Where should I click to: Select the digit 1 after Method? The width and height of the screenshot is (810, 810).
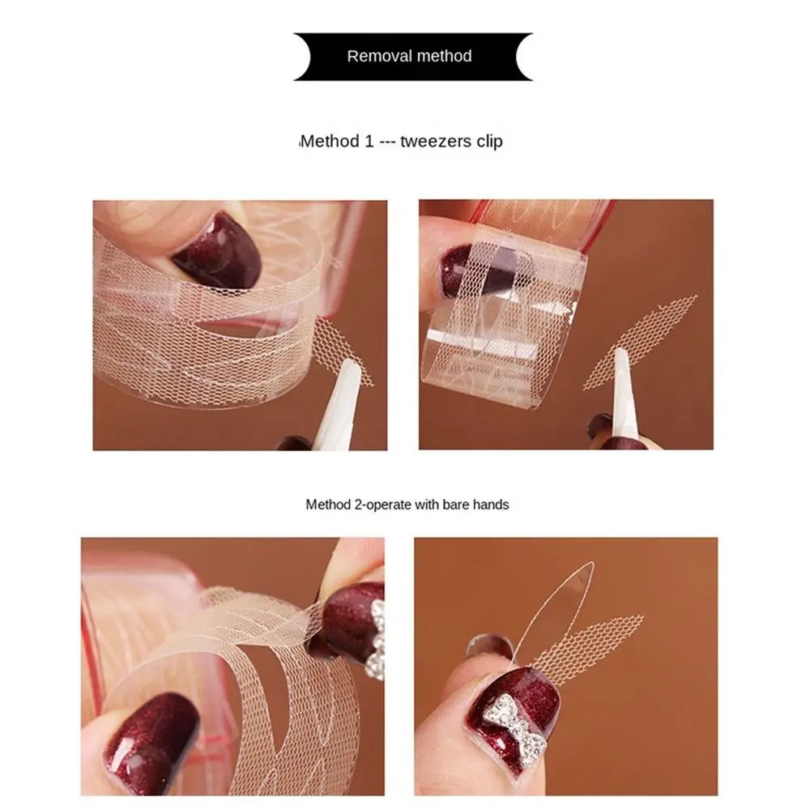[369, 142]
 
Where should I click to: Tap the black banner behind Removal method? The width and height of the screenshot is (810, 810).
[316, 57]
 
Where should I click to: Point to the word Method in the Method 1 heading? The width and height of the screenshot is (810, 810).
[330, 142]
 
